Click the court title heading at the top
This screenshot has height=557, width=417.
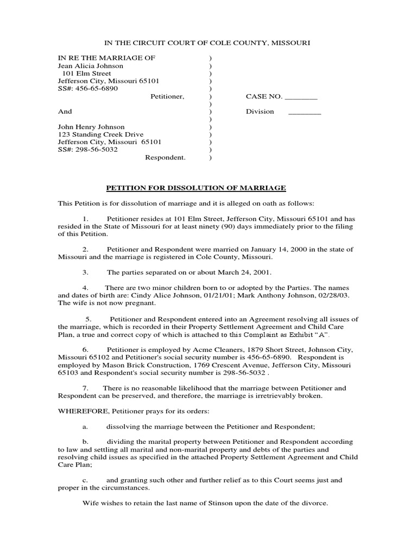pos(208,42)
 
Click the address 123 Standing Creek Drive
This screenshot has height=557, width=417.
pos(101,134)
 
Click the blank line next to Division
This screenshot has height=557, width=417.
pos(304,112)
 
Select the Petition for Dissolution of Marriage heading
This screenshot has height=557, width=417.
pos(195,188)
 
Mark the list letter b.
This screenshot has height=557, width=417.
pos(85,442)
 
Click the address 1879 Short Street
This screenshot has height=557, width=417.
pos(271,349)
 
